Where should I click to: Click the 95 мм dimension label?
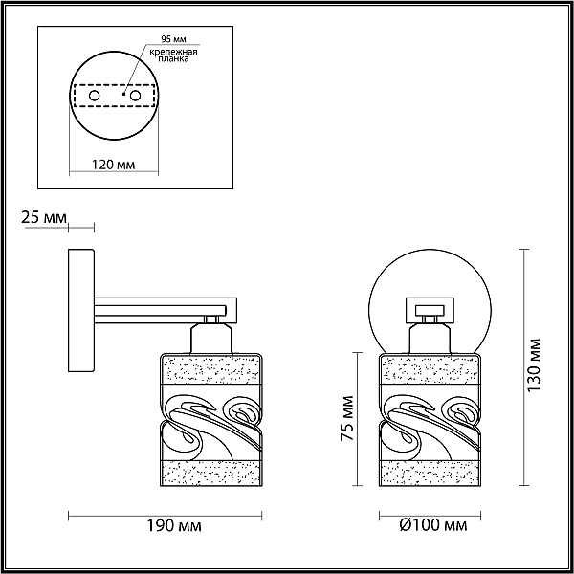[x=174, y=39]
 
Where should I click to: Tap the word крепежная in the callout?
[x=173, y=52]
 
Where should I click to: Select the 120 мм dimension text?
[x=114, y=165]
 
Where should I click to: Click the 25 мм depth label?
[x=44, y=217]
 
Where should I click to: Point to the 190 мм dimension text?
[x=174, y=526]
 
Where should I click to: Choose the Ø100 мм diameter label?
[x=433, y=525]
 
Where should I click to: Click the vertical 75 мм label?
[x=347, y=418]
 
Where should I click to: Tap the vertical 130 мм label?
[x=534, y=365]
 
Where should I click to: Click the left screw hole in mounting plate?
[x=94, y=96]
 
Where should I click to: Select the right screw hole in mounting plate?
[x=135, y=96]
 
